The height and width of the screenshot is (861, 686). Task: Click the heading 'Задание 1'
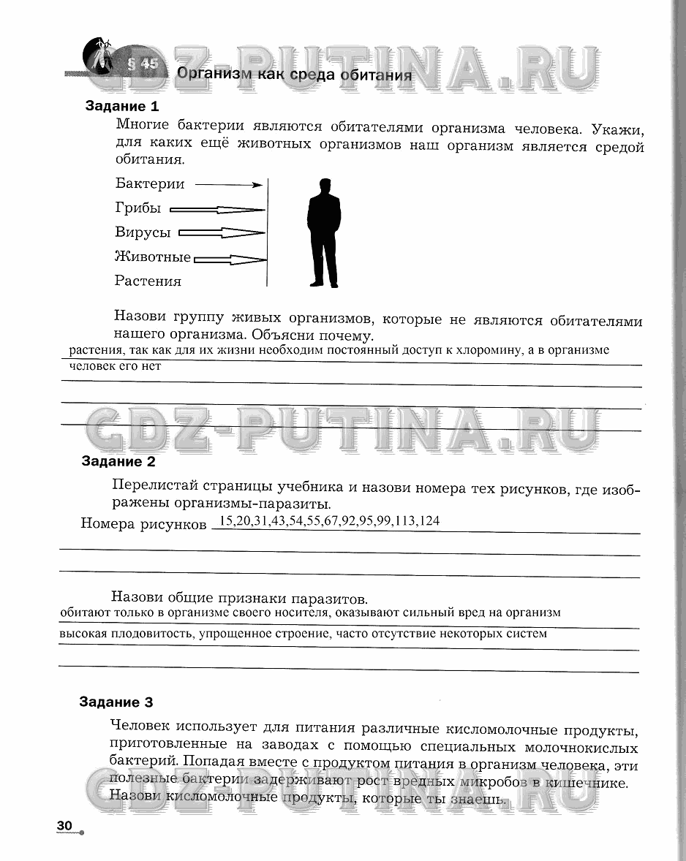click(x=122, y=106)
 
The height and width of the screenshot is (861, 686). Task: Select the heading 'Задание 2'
click(x=118, y=462)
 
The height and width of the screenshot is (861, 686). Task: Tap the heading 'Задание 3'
click(x=116, y=702)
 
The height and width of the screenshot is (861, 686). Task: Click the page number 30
click(x=64, y=825)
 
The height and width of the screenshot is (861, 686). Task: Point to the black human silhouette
click(x=323, y=232)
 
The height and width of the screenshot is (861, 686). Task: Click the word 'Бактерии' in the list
click(x=150, y=184)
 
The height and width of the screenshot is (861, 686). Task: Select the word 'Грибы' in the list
click(x=138, y=208)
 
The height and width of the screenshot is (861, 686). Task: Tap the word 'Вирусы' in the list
click(x=143, y=232)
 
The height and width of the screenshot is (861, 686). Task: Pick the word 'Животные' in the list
click(x=153, y=257)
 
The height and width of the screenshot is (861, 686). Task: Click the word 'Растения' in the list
click(x=148, y=281)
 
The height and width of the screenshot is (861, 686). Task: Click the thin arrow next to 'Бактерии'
click(x=229, y=185)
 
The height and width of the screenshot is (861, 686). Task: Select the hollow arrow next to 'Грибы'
click(x=216, y=210)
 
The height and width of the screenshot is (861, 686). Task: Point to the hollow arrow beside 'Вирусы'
click(x=221, y=234)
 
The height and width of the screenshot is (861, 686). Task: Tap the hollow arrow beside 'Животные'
click(x=230, y=259)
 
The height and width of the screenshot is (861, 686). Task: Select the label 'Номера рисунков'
click(x=143, y=524)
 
